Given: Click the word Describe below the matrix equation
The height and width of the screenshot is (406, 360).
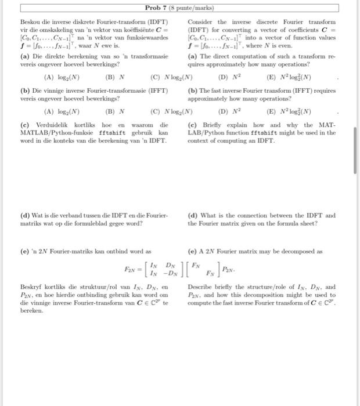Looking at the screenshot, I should point(203,287).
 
